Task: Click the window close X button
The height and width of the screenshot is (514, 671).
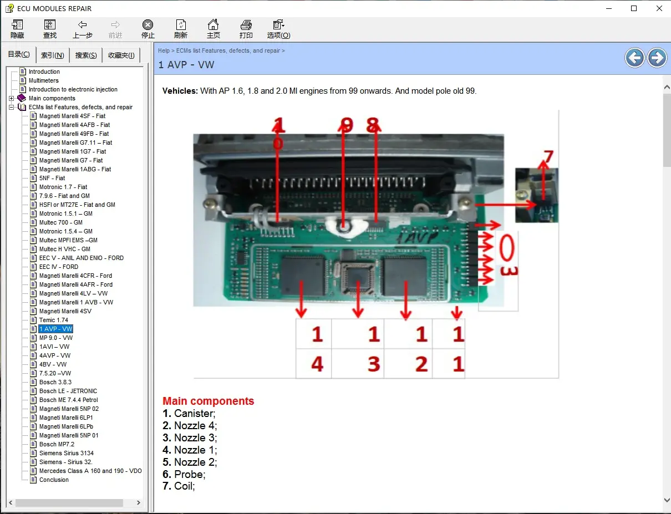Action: point(659,8)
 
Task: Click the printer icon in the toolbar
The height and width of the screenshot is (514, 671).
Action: point(246,25)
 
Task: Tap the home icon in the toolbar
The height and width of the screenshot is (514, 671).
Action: point(213,25)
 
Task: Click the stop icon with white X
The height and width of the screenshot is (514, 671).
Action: point(148,25)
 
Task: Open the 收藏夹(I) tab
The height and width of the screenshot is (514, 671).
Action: point(121,55)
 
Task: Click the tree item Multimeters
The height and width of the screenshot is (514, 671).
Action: point(43,80)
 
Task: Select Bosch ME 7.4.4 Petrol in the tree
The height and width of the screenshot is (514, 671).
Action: point(68,400)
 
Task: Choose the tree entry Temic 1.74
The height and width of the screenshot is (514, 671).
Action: point(53,320)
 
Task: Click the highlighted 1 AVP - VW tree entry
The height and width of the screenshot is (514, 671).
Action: point(55,329)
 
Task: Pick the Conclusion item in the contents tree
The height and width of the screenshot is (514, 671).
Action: point(54,480)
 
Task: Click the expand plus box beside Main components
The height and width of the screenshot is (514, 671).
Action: point(11,98)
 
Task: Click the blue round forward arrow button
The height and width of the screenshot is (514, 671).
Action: point(657,58)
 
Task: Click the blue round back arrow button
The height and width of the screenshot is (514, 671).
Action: point(635,58)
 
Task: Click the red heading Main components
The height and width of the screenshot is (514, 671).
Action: point(208,401)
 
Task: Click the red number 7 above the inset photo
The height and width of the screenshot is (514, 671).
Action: point(548,157)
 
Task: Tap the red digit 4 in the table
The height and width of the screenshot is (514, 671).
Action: point(317,364)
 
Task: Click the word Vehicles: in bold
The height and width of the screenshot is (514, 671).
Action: point(180,90)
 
